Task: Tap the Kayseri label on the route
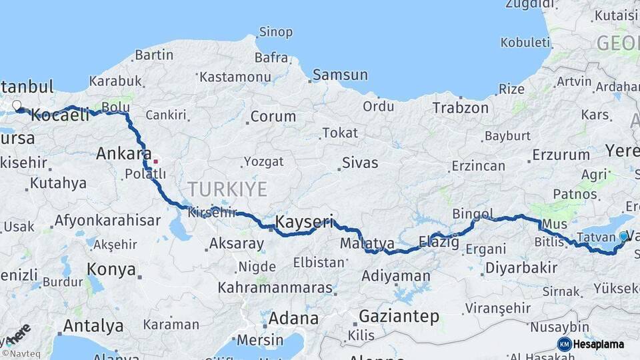click(x=304, y=221)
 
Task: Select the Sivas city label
click(x=360, y=163)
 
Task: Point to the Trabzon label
click(x=460, y=107)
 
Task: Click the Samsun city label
click(x=340, y=75)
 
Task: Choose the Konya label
click(x=112, y=270)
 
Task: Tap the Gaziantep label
click(x=399, y=316)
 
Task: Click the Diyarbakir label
click(x=521, y=268)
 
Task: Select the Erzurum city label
click(x=561, y=155)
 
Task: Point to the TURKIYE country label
click(x=227, y=189)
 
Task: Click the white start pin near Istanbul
click(x=17, y=105)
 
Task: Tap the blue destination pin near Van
click(x=623, y=236)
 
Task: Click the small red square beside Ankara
click(x=156, y=161)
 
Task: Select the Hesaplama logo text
click(x=598, y=344)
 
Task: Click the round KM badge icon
click(x=564, y=344)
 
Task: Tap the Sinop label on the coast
click(x=275, y=31)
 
